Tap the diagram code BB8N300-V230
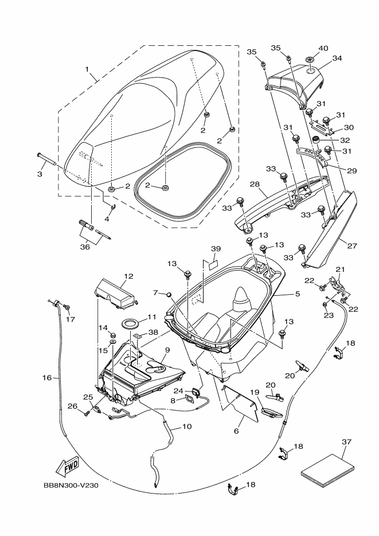71,485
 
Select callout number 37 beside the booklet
346,442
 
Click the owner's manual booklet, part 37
328,471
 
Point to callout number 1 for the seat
87,69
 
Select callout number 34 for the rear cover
337,58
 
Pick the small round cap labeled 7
169,294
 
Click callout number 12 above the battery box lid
129,276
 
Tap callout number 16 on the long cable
47,377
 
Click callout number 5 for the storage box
298,294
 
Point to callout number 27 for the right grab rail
352,245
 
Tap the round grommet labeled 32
318,139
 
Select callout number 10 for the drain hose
187,427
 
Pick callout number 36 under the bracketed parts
85,246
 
